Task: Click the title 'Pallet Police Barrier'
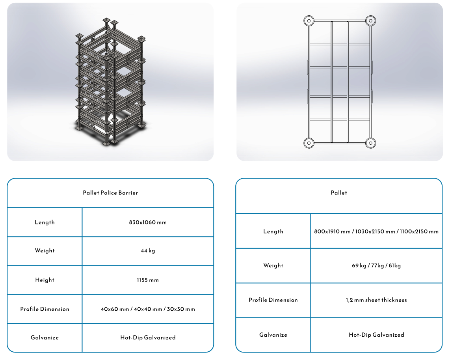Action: (110, 193)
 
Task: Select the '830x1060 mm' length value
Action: (148, 222)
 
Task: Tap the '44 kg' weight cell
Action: (148, 251)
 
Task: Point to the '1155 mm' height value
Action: (148, 280)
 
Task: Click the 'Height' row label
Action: (45, 280)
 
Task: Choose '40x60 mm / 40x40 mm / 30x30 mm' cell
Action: (148, 309)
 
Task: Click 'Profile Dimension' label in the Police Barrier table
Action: (45, 309)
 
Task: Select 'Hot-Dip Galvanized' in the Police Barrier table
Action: (148, 338)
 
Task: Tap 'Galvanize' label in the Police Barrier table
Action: (45, 338)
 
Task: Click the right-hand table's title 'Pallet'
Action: (339, 193)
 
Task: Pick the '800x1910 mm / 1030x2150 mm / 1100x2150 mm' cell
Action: (376, 231)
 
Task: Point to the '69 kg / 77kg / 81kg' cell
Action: (376, 265)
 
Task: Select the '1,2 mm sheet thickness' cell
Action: (376, 300)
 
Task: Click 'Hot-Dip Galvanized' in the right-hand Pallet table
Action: (376, 335)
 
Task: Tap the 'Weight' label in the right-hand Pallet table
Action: (273, 265)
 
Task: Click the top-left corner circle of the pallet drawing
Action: (309, 21)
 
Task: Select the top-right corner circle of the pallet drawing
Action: (370, 21)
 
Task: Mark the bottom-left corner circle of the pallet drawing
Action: (309, 143)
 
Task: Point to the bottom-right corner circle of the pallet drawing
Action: (370, 143)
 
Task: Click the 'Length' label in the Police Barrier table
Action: (45, 222)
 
